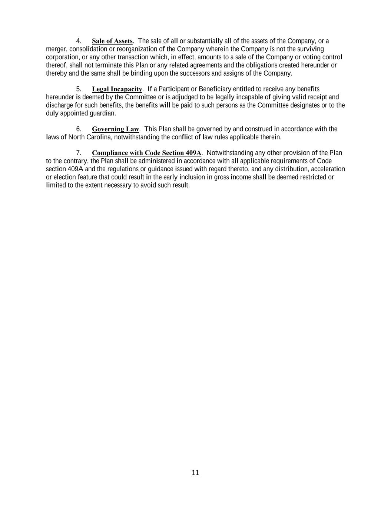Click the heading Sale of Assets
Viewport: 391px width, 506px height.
tap(112, 41)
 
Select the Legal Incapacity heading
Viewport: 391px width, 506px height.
tap(117, 89)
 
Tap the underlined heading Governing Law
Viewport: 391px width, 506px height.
tap(115, 129)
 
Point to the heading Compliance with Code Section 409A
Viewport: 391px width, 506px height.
tap(146, 153)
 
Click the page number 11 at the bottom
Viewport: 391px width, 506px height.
tap(196, 473)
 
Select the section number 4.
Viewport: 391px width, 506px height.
tap(79, 41)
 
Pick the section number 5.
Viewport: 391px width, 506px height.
tap(79, 89)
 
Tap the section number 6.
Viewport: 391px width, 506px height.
tap(79, 129)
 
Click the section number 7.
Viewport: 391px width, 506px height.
tap(79, 153)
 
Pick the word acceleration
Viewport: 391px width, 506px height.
tap(328, 169)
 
